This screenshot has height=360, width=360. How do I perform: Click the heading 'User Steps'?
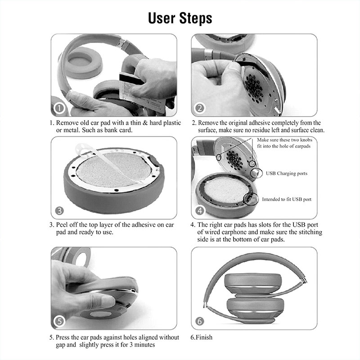point(180,18)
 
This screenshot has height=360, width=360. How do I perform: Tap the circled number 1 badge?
point(59,108)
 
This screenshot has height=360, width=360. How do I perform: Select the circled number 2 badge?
point(199,108)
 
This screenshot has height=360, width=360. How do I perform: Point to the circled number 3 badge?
point(59,211)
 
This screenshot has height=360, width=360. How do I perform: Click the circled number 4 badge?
point(200,211)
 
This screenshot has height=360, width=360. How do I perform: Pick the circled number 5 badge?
point(59,321)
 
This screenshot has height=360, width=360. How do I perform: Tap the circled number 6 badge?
point(199,321)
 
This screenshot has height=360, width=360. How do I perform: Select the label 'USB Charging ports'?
point(287,173)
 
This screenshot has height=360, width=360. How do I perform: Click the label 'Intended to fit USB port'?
point(287,199)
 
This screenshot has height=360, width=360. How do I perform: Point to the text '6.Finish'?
point(201,337)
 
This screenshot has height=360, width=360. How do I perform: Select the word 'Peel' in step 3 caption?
point(62,225)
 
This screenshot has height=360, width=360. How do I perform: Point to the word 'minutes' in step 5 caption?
point(144,345)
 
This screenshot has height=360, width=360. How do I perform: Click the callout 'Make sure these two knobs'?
point(285,140)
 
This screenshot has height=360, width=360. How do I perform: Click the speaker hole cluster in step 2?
point(254,88)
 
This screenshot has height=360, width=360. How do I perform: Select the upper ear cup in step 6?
point(252,284)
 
